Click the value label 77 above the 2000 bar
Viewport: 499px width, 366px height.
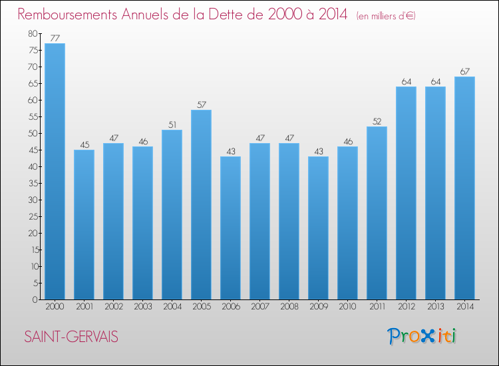[x=55, y=38]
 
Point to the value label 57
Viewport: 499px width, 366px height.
[x=201, y=104]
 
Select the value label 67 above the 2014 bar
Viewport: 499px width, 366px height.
[x=464, y=71]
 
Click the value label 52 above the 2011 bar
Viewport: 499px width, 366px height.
[x=377, y=121]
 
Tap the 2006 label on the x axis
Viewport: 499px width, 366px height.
[x=230, y=306]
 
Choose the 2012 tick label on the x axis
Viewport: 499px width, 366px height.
[x=406, y=306]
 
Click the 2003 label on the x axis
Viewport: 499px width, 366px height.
[x=142, y=306]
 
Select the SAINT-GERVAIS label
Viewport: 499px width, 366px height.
[x=71, y=337]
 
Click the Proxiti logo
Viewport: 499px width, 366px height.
[x=422, y=336]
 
